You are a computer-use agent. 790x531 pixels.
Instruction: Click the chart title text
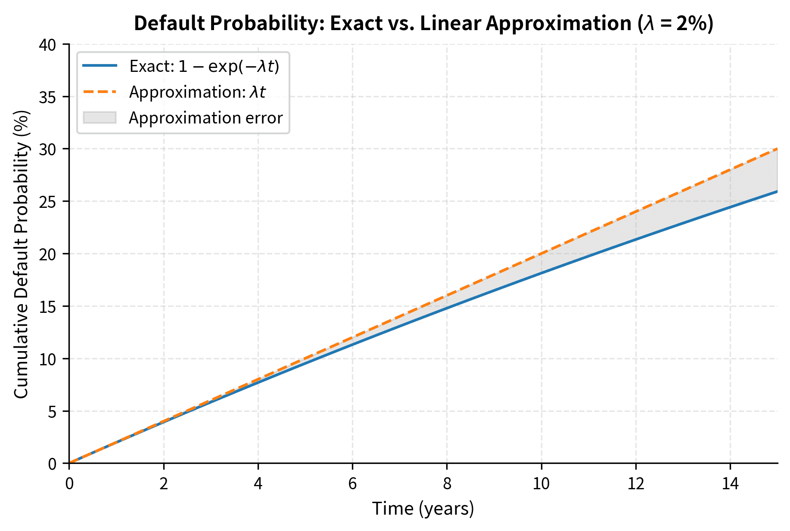423,23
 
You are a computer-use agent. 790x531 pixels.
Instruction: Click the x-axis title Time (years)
423,509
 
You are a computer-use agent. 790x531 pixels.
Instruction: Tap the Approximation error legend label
205,118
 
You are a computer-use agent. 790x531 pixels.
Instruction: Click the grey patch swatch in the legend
100,117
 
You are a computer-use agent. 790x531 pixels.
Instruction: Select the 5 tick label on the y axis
52,411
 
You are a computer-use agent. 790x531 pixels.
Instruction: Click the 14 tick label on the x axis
730,484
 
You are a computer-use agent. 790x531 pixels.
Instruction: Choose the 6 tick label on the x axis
352,484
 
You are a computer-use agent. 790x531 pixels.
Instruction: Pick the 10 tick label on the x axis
541,484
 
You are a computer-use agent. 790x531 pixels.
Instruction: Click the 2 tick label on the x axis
163,484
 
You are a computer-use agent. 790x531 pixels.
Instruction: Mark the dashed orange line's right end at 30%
776,149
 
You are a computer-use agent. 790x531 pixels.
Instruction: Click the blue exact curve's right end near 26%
776,191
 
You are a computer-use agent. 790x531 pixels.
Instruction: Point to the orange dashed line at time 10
541,254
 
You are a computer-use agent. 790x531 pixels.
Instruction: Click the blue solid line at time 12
636,239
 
